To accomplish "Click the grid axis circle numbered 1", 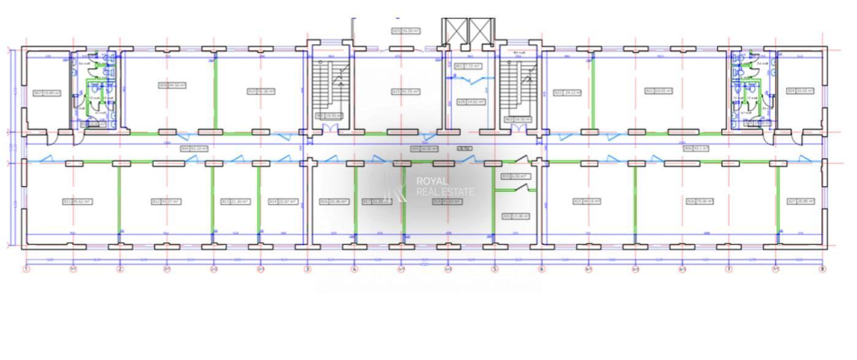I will coord(26,269).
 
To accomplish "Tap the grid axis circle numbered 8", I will coord(822,269).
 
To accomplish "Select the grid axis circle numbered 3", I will coord(307,269).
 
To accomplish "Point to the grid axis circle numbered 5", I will coord(495,269).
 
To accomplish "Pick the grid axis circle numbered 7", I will coord(728,269).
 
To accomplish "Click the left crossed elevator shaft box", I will coord(455,31).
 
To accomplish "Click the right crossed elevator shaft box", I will coord(481,31).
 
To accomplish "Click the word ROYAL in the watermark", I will coord(432,181).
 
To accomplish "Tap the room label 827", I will coord(800,201).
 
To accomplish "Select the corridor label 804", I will coord(194,148).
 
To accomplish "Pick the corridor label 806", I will coord(696,148).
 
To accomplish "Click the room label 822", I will coord(659,91).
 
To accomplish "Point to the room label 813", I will coord(234,201).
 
